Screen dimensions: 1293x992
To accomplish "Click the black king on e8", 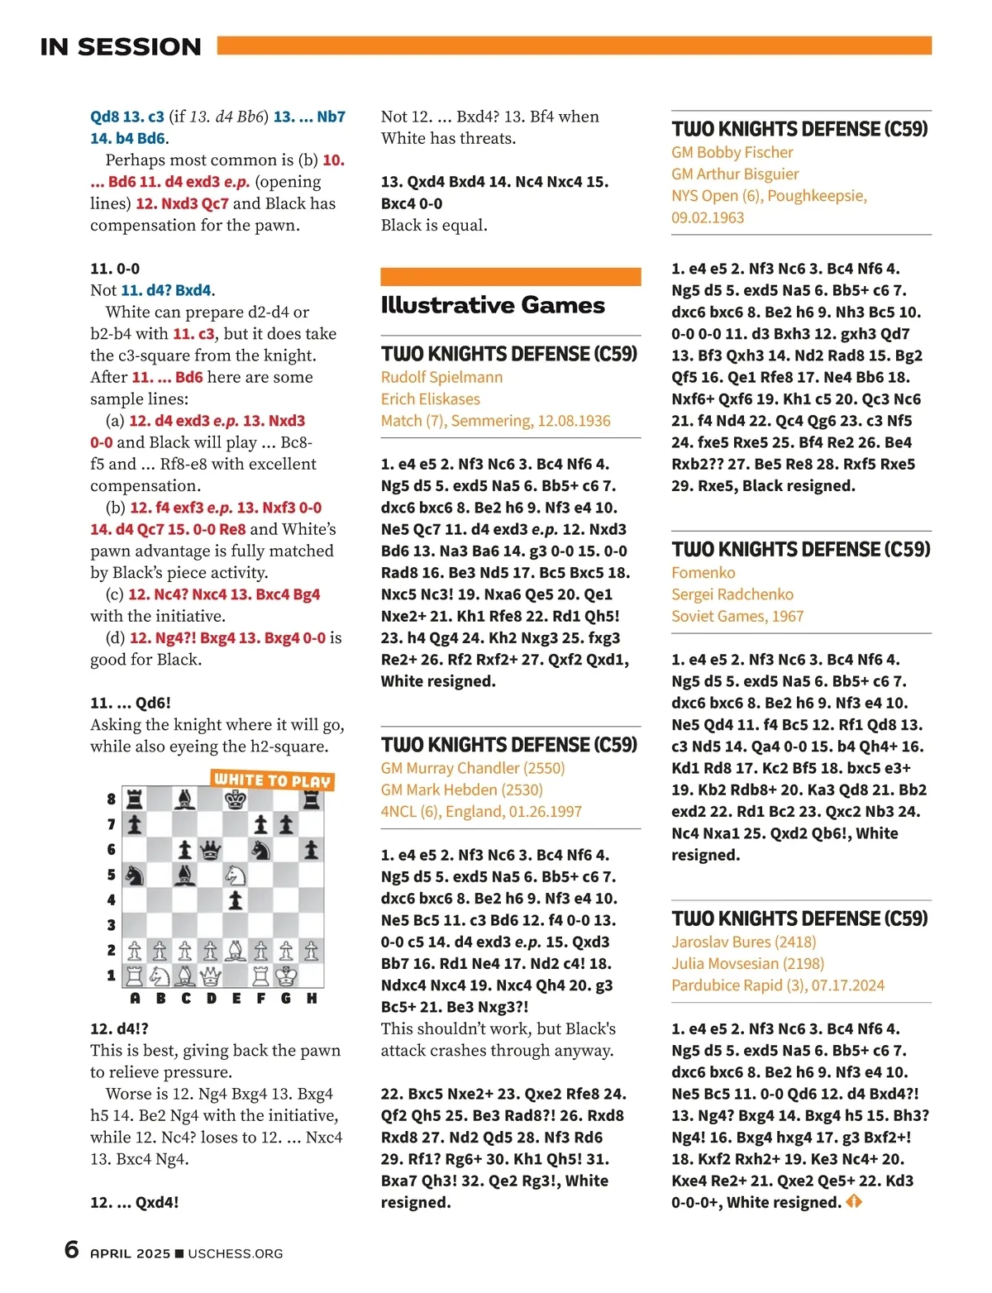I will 236,799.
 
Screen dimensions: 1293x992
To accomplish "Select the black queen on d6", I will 211,850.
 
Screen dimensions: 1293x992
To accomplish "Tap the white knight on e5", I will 236,875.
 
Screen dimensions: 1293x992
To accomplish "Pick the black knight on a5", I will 135,875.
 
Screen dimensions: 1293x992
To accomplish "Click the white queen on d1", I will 211,976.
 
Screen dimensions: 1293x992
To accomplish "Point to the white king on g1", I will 286,976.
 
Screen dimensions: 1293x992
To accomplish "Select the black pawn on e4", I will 236,900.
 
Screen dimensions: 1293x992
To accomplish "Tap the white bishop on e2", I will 236,951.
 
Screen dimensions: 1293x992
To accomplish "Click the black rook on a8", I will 135,799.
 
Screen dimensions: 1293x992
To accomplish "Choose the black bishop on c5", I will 185,875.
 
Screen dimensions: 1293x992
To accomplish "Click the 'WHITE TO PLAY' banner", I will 272,780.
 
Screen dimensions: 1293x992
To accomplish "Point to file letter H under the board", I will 312,999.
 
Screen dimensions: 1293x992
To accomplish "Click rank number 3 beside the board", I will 112,925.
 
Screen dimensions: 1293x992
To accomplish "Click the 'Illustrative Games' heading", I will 493,305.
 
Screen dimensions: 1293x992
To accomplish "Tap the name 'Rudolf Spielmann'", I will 441,377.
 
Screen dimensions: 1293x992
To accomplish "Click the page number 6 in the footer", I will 72,1249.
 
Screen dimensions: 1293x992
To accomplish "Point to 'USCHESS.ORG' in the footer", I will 236,1253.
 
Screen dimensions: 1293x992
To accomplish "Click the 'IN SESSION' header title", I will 121,47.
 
